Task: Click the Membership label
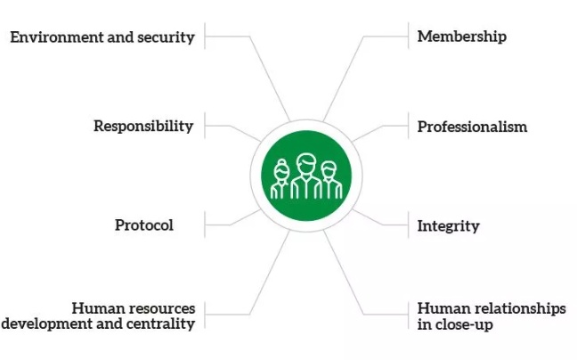point(462,37)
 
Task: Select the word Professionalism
point(472,127)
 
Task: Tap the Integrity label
point(448,225)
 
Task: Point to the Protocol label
point(144,225)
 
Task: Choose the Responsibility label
point(143,126)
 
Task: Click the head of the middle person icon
point(306,163)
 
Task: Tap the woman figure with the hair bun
point(280,179)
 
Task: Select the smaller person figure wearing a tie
point(331,180)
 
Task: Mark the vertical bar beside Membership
point(409,36)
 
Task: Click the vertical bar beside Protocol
point(205,225)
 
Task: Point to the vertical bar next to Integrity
point(409,225)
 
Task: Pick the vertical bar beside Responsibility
point(205,126)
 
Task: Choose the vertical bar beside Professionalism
point(409,126)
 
